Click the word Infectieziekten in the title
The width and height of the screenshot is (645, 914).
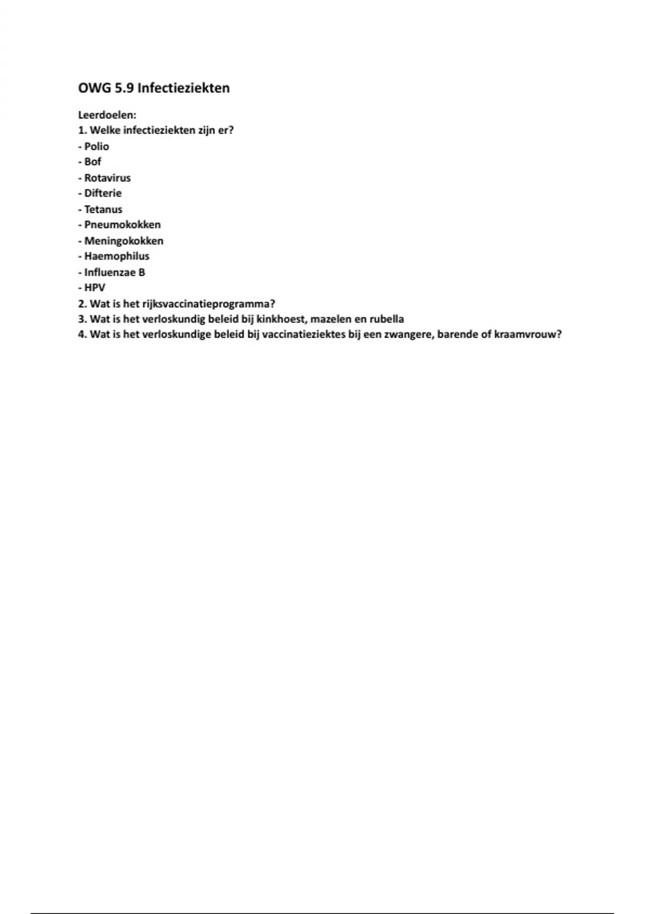click(183, 88)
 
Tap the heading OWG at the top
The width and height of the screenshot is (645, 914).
click(94, 88)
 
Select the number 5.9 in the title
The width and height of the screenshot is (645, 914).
click(125, 88)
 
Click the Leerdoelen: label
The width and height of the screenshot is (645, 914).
click(107, 115)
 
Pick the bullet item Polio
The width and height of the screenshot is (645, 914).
click(96, 146)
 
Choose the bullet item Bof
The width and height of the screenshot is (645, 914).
click(92, 162)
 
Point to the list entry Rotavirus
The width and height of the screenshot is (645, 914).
click(107, 177)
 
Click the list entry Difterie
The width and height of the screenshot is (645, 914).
click(103, 193)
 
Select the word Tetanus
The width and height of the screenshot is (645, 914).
click(103, 209)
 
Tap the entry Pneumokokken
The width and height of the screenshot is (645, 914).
click(122, 225)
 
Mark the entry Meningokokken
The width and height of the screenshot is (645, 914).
click(124, 241)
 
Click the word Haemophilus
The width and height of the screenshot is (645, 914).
click(117, 256)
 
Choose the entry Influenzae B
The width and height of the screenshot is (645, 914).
click(114, 272)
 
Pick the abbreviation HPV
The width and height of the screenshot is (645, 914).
click(95, 288)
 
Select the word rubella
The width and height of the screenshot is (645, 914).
click(386, 319)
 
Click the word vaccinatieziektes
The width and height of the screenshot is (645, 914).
click(307, 334)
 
